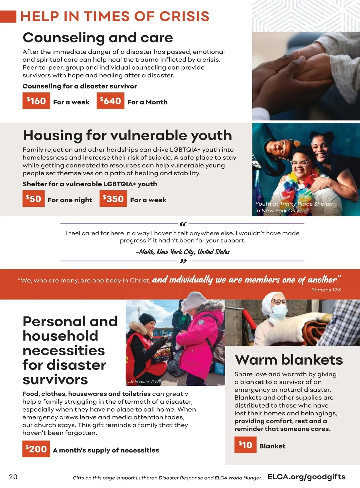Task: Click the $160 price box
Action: pyautogui.click(x=36, y=101)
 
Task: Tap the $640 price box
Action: pyautogui.click(x=110, y=101)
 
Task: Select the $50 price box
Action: pyautogui.click(x=33, y=199)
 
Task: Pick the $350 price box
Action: pyautogui.click(x=113, y=199)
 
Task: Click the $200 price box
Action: pyautogui.click(x=36, y=449)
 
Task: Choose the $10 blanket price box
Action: pyautogui.click(x=245, y=444)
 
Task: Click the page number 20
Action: pyautogui.click(x=13, y=477)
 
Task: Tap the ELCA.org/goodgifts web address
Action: pyautogui.click(x=306, y=477)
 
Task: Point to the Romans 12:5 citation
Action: pyautogui.click(x=326, y=290)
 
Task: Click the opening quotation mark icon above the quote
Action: pyautogui.click(x=183, y=224)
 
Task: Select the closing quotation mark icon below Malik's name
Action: pyautogui.click(x=183, y=261)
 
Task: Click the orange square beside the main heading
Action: pyautogui.click(x=8, y=17)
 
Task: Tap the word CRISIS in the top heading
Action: pyautogui.click(x=184, y=17)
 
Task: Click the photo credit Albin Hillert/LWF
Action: pyautogui.click(x=144, y=382)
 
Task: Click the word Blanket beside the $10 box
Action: pyautogui.click(x=272, y=446)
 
